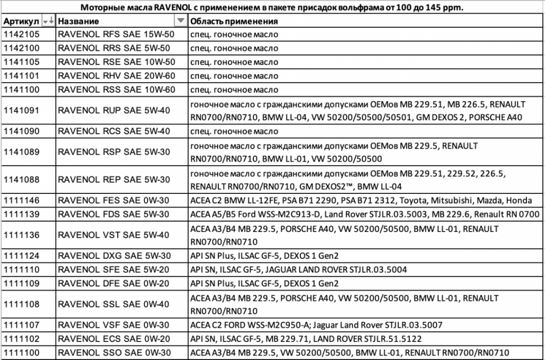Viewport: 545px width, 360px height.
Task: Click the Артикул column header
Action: [x=21, y=21]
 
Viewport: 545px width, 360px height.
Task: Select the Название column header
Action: [x=78, y=21]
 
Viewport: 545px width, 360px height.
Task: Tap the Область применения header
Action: [x=234, y=21]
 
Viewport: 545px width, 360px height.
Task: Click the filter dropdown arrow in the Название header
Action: [x=180, y=21]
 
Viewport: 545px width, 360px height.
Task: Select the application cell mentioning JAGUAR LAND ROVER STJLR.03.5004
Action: [x=298, y=270]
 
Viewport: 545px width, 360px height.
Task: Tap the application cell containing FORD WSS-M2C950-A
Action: [x=316, y=325]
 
